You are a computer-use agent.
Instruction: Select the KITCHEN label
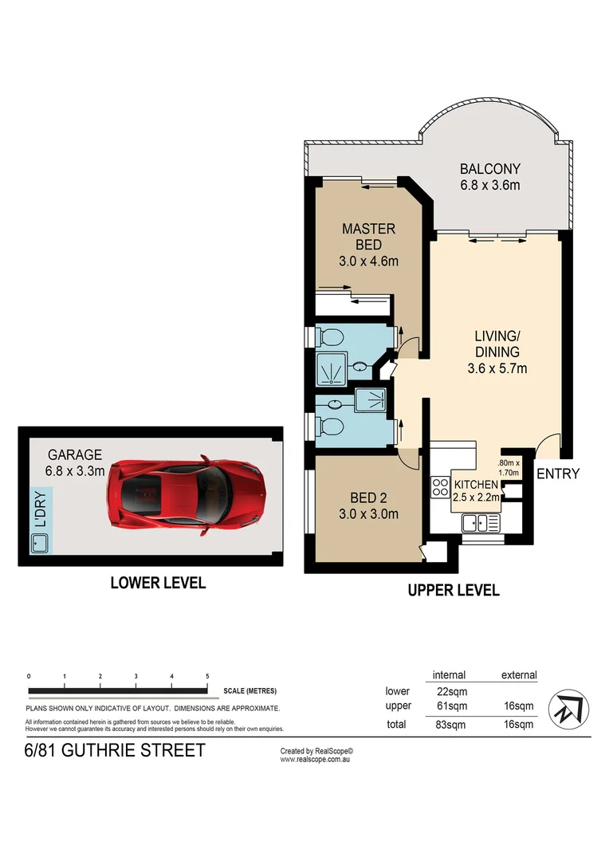pyautogui.click(x=476, y=485)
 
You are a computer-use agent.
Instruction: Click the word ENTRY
pyautogui.click(x=557, y=474)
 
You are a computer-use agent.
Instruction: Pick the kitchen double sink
pyautogui.click(x=480, y=523)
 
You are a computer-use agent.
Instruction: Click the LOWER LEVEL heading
pyautogui.click(x=158, y=584)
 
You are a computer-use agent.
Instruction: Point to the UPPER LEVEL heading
pyautogui.click(x=454, y=591)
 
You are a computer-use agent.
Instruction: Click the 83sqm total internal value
pyautogui.click(x=449, y=725)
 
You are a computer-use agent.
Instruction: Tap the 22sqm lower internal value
pyautogui.click(x=449, y=691)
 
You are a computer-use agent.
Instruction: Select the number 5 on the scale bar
pyautogui.click(x=207, y=676)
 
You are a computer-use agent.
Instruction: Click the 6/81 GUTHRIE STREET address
pyautogui.click(x=115, y=750)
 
